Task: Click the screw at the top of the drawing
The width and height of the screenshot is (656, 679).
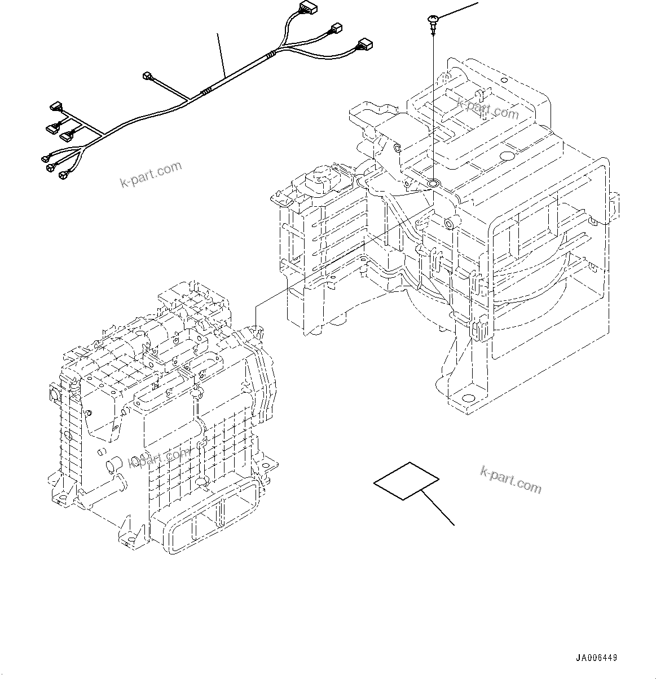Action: coord(432,22)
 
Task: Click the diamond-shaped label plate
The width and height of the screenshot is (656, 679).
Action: coord(406,481)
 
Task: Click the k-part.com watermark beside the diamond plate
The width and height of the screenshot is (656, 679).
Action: coord(510,480)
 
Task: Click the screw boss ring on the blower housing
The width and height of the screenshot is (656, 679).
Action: coord(434,183)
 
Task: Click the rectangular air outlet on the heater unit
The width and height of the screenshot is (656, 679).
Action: coord(204,511)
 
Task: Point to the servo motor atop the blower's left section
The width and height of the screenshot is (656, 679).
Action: coord(319,177)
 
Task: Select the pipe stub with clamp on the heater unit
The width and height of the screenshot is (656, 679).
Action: coord(112,465)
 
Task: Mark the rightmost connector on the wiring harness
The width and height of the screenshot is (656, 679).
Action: coord(364,45)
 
